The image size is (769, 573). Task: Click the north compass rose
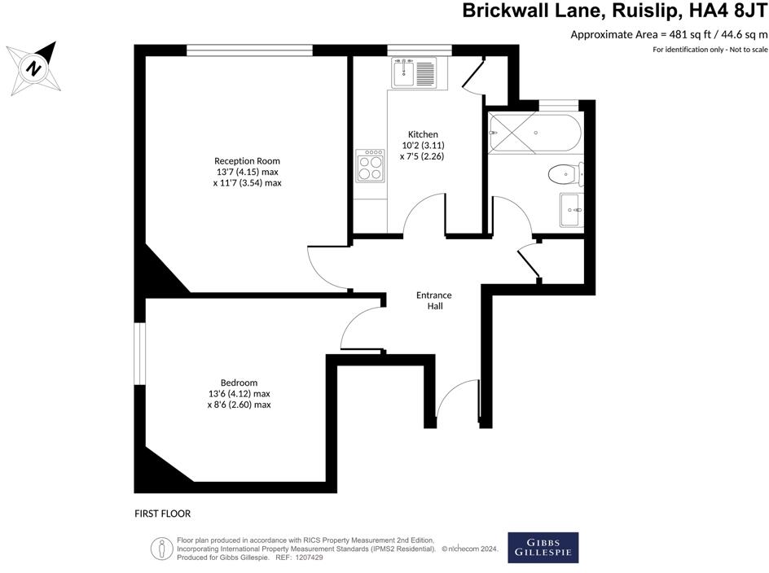35,66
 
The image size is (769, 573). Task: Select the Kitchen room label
423,134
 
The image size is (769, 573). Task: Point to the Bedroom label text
239,383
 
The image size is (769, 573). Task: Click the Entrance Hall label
433,300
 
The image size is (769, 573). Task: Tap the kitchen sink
414,72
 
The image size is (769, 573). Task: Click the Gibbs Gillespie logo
543,547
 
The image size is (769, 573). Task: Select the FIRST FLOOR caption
162,514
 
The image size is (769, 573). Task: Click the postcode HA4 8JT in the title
727,11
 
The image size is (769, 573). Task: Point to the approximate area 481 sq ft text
669,34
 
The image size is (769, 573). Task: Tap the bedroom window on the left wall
139,353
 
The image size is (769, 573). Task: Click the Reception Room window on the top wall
249,50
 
